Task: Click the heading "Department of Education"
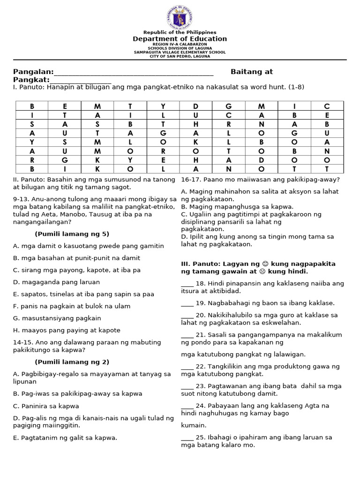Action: [180, 39]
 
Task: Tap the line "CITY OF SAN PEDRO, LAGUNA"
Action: [180, 56]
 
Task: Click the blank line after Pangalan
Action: [134, 73]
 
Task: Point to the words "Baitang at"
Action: [252, 72]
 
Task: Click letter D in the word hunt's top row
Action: [196, 106]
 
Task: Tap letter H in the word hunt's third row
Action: [196, 124]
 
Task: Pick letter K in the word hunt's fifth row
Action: [196, 142]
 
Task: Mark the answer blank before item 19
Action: [187, 303]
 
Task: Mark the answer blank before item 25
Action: [187, 437]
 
